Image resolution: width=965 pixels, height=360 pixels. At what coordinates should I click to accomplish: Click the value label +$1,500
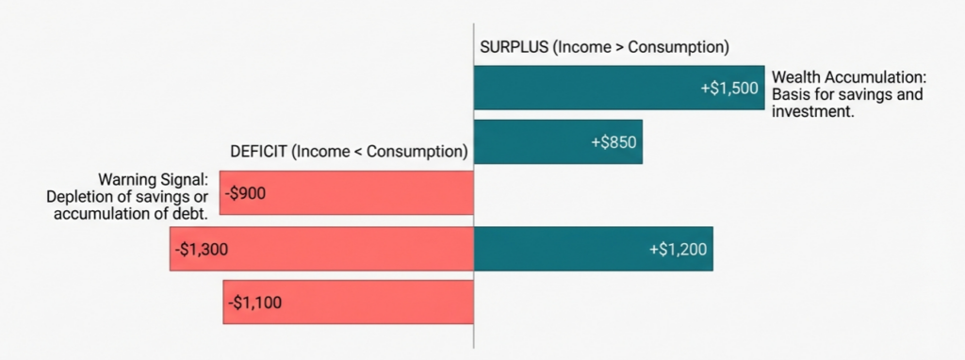point(728,87)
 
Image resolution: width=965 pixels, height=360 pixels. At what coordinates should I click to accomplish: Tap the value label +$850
point(613,142)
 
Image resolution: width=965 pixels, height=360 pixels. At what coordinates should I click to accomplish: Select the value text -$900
point(247,193)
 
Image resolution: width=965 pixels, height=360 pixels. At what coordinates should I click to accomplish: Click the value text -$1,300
point(202,249)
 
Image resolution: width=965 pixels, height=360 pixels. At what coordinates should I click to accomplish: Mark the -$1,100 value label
point(254,303)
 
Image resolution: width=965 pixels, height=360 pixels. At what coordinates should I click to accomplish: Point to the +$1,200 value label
point(678,249)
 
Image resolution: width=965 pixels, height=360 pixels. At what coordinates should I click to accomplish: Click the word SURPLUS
point(513,46)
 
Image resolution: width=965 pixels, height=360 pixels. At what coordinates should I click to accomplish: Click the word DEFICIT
point(259,151)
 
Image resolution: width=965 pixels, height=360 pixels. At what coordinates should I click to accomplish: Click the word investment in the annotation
point(812,111)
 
